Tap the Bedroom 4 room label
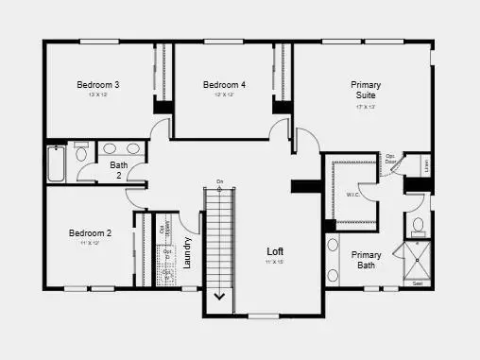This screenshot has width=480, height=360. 224,85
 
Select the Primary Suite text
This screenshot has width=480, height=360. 366,90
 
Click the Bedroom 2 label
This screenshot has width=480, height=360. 90,233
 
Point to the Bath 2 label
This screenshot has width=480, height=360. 118,170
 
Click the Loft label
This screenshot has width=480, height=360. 275,251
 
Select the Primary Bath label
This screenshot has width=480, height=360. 367,260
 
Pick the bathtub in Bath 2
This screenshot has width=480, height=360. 56,163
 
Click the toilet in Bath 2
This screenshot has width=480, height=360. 80,154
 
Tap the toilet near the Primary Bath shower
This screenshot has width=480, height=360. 417,227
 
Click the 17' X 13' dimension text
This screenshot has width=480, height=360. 366,107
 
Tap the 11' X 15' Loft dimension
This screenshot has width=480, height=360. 275,263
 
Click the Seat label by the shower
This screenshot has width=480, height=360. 418,283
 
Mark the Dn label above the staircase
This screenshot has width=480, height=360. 219,181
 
